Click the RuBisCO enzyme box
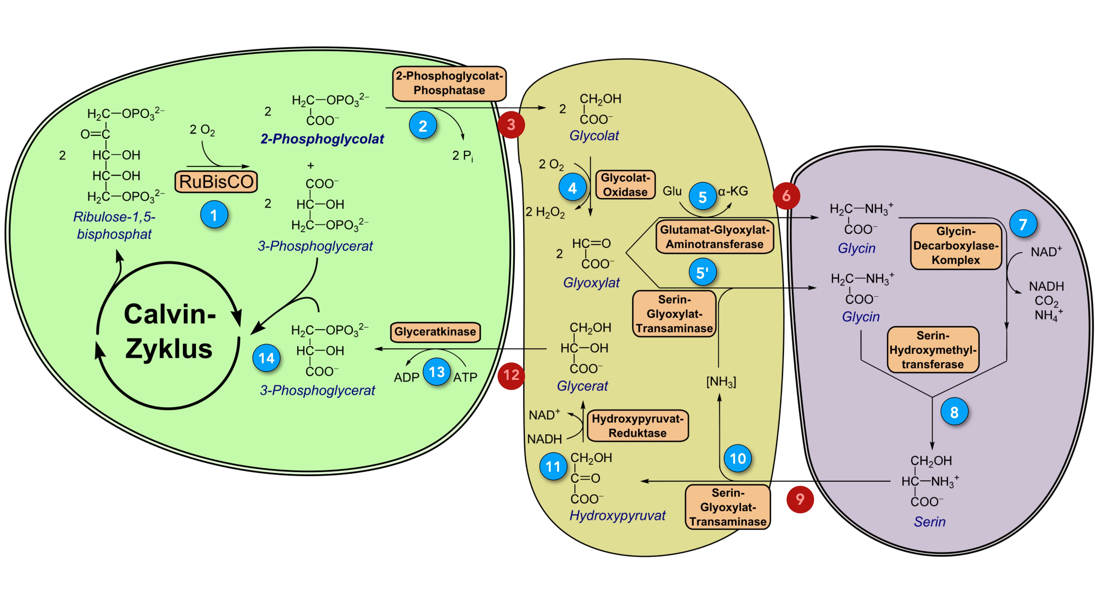coord(216,182)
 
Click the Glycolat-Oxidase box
coord(625,185)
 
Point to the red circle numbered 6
coord(786,196)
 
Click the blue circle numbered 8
coord(954,412)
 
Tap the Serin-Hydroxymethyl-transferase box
coord(933,350)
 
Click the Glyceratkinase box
coord(435,332)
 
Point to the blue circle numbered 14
coord(266,358)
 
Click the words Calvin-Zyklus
coord(169,331)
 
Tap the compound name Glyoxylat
coord(591,283)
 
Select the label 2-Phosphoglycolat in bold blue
coord(322,139)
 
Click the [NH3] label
coord(721,382)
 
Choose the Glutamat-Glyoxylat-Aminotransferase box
coord(715,237)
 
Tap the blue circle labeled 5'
coord(702,272)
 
